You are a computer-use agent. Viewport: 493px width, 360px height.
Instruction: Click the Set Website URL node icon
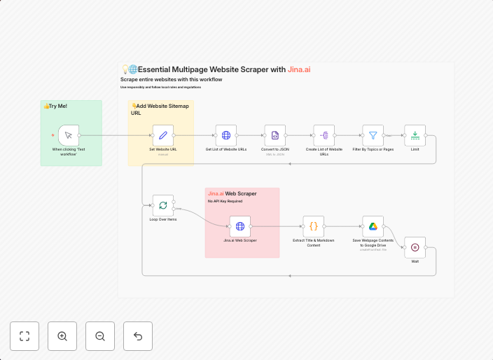point(162,135)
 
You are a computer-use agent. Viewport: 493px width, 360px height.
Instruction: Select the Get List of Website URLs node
point(226,135)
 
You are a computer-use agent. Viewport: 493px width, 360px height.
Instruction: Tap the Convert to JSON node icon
point(275,135)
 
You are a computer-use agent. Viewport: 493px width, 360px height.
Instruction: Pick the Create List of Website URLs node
point(324,135)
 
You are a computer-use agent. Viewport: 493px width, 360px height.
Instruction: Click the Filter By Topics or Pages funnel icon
point(373,135)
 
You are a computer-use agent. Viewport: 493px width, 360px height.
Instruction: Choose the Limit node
point(415,135)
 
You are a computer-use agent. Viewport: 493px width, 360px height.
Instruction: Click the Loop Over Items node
point(163,205)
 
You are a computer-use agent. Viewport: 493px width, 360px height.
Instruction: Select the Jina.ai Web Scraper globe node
point(240,226)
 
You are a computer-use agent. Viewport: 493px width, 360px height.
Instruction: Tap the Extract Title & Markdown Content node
point(314,226)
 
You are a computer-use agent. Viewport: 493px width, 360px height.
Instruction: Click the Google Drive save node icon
point(373,226)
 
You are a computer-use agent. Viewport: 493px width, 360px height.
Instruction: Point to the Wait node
point(415,247)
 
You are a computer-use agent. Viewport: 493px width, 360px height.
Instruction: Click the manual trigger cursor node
point(68,135)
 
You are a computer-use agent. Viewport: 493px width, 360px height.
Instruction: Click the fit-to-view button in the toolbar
point(25,336)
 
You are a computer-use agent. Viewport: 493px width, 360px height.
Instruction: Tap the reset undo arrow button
point(138,336)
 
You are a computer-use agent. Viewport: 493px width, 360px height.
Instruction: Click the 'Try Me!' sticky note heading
point(55,106)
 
